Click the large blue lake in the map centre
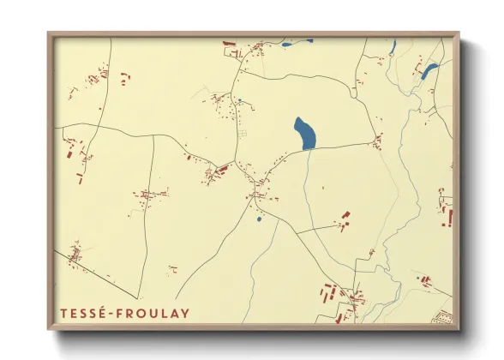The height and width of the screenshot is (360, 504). (x=304, y=133)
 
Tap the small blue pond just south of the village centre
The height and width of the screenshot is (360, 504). (x=258, y=219)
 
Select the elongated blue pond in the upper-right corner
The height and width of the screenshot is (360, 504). (x=429, y=71)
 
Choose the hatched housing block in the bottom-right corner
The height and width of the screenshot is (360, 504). (x=441, y=316)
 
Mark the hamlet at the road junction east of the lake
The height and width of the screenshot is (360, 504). (x=377, y=139)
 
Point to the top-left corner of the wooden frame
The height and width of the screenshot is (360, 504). (x=49, y=33)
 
